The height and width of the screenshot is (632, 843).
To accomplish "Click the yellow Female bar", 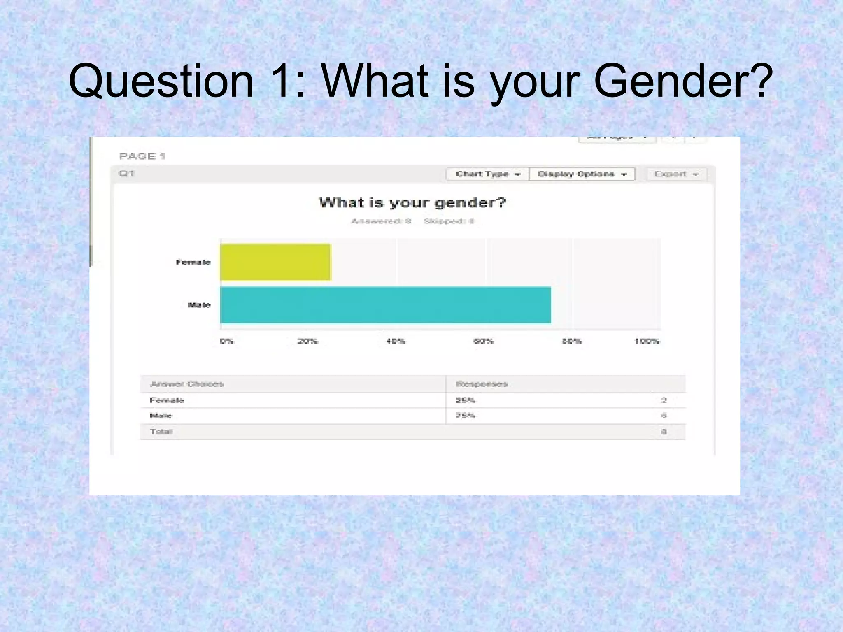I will pos(275,262).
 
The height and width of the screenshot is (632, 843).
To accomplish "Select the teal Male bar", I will pos(385,305).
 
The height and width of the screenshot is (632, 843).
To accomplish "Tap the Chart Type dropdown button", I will pos(487,174).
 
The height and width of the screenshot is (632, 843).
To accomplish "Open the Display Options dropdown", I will pos(582,174).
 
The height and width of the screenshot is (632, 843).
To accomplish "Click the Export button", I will pos(676,174).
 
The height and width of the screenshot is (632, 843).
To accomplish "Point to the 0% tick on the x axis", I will pos(227,341).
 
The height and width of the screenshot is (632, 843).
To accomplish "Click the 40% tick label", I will pos(396,341).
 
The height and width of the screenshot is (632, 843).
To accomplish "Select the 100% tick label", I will pos(647,341).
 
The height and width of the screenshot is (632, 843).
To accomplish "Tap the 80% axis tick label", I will pos(572,341).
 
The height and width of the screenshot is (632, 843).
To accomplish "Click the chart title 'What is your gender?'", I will pos(412,202).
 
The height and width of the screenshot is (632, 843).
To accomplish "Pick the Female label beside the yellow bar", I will pos(193,262).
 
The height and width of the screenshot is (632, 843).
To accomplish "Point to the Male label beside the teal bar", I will pos(199,305).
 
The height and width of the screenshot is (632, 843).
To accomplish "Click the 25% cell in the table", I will pos(466,400).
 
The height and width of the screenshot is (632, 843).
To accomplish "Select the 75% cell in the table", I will pos(466,416).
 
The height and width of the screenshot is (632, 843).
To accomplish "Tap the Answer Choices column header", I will pos(187,384).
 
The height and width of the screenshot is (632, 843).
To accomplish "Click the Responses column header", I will pos(482,384).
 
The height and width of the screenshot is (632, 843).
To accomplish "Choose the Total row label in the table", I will pos(161,431).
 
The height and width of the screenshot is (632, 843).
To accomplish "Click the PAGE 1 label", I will pos(142,156).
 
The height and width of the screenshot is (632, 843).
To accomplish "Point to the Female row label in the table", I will pos(167,400).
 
